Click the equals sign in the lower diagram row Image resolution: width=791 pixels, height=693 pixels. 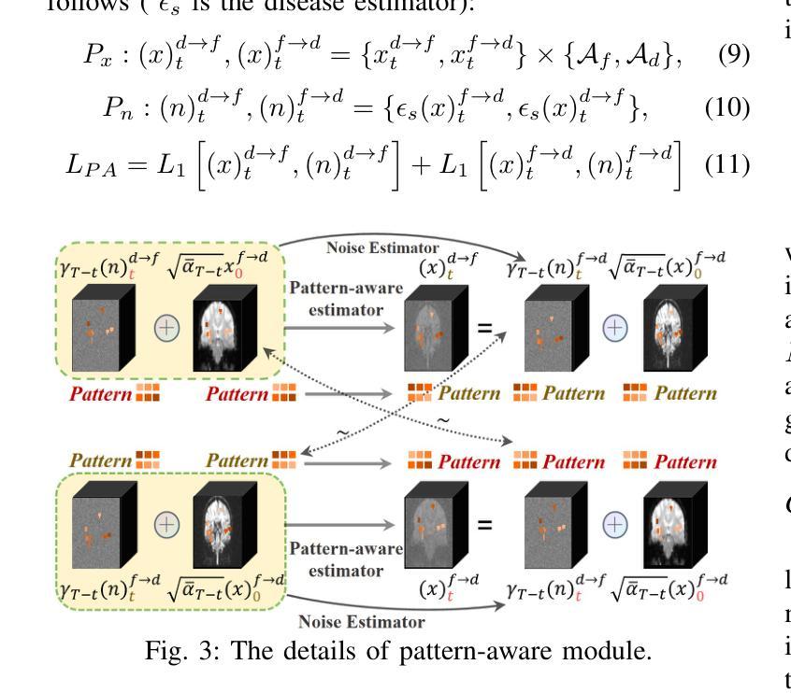tap(485, 526)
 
